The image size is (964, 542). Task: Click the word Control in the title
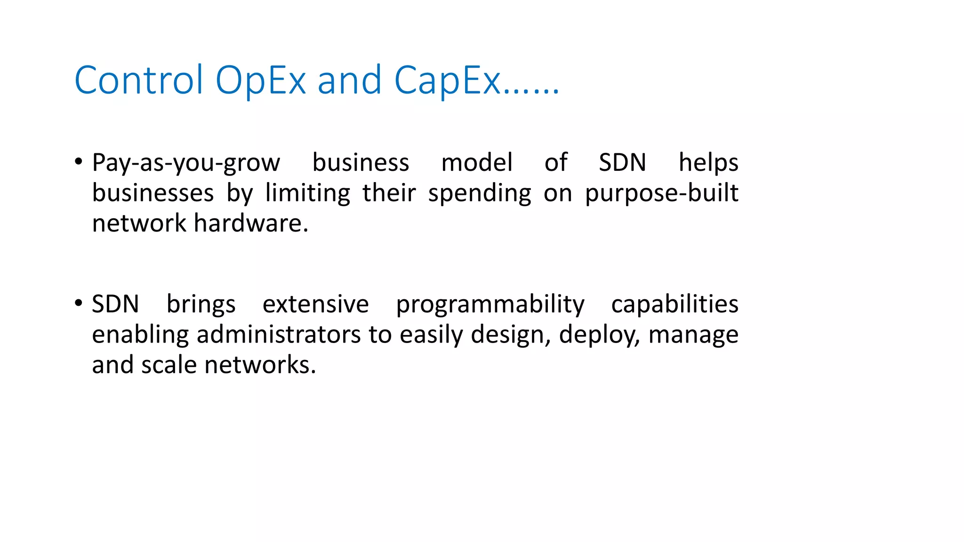pos(138,80)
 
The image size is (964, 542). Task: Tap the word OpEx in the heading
pos(260,80)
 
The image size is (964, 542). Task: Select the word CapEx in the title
pos(447,80)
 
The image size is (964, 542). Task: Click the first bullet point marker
pos(79,162)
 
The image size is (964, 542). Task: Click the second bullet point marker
pos(79,303)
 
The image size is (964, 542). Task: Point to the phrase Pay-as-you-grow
pos(186,163)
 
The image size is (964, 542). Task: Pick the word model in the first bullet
pos(476,162)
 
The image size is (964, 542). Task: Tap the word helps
pos(708,163)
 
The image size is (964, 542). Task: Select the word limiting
pos(307,193)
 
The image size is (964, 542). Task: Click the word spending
pos(479,193)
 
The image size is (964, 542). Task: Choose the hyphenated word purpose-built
pos(661,193)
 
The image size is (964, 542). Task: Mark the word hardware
pos(250,223)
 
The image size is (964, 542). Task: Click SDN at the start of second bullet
pos(115,304)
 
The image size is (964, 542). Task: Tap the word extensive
pos(315,304)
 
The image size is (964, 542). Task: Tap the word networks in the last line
pos(260,365)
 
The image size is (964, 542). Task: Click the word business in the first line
pos(361,162)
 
